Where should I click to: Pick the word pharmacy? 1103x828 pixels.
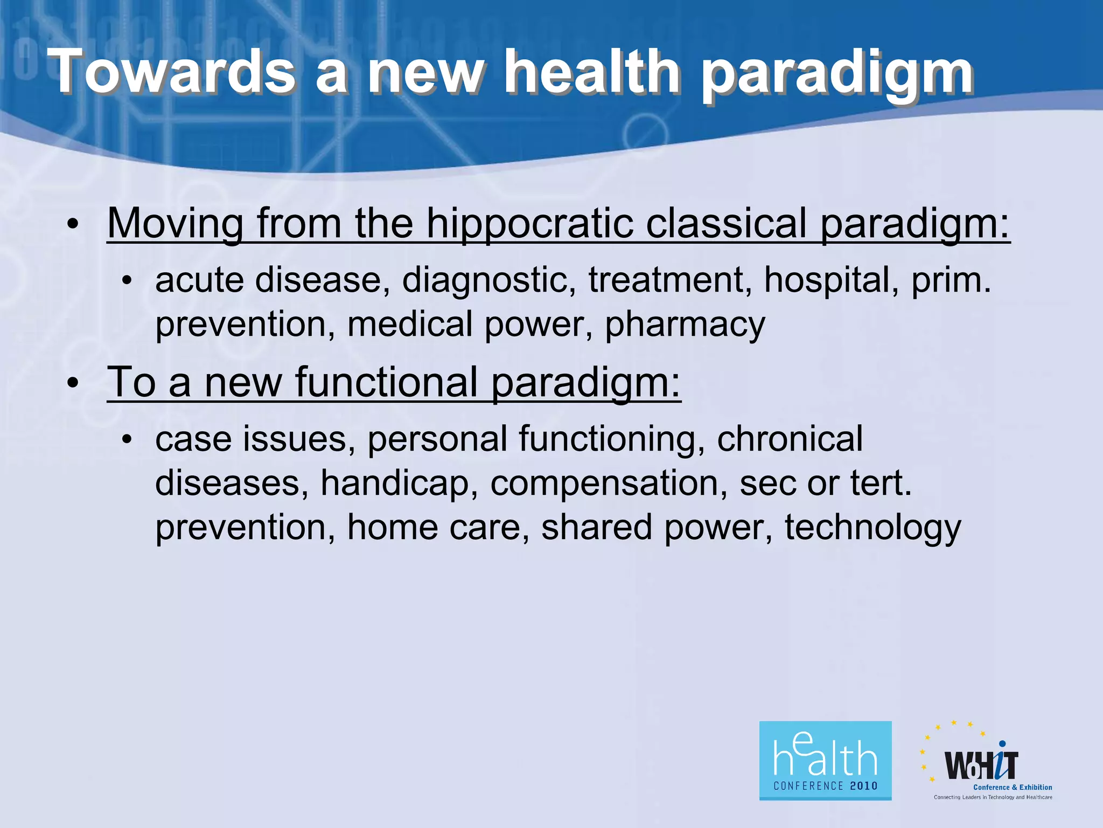pyautogui.click(x=685, y=325)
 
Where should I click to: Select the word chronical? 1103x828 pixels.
pyautogui.click(x=790, y=438)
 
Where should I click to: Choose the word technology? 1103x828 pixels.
pyautogui.click(x=872, y=527)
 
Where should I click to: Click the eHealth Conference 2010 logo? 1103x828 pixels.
pyautogui.click(x=825, y=761)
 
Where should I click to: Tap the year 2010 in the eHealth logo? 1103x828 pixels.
pyautogui.click(x=863, y=786)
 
